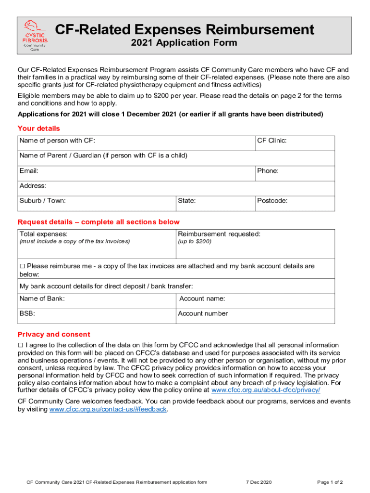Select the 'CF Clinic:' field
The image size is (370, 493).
(x=295, y=143)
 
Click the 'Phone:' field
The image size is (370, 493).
(x=295, y=173)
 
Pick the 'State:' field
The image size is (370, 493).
(x=215, y=203)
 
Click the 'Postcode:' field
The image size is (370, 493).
(x=295, y=203)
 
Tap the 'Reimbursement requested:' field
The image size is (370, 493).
(x=255, y=244)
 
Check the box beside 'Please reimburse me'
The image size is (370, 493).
(x=22, y=266)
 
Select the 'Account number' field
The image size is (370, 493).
(x=255, y=316)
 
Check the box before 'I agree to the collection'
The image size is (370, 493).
(x=21, y=345)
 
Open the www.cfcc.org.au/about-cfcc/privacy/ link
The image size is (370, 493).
(x=266, y=390)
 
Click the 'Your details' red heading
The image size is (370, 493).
(x=39, y=129)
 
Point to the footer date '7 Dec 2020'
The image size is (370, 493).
(x=259, y=482)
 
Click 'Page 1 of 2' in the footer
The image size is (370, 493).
(x=330, y=482)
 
